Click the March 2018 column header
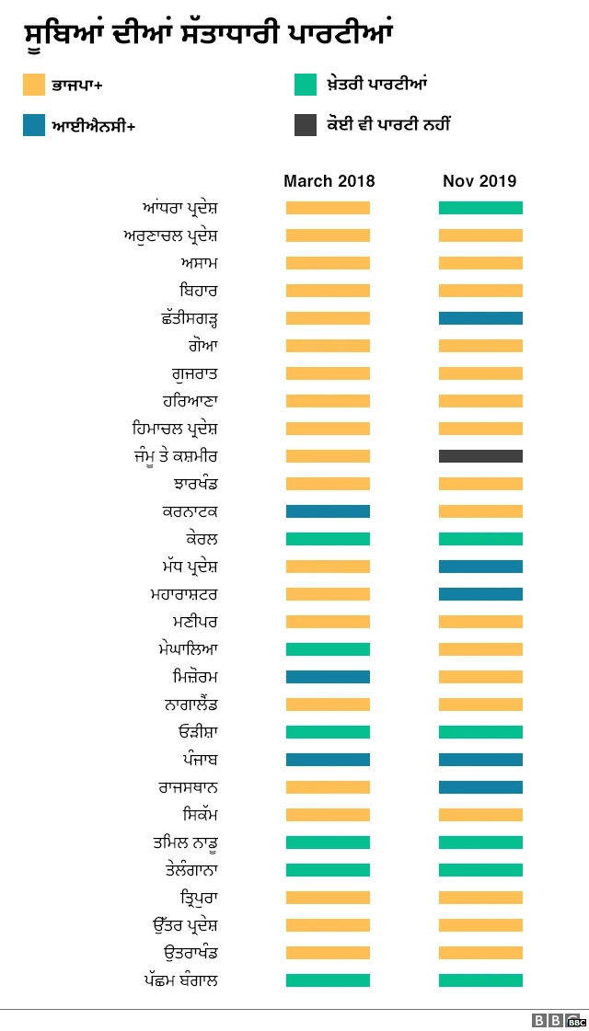[329, 181]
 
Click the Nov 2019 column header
[479, 181]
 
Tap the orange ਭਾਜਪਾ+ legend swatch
[34, 86]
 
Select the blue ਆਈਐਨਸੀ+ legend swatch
[34, 125]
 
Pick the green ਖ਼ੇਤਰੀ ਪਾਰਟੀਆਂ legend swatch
[306, 86]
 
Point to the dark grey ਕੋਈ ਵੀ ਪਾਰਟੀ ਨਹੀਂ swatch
[306, 125]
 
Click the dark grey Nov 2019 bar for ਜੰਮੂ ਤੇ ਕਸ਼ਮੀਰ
[480, 456]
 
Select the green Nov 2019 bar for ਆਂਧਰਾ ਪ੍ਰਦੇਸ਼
[480, 208]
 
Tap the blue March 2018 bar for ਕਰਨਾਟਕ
[328, 511]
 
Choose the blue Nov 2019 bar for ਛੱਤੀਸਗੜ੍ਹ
[480, 318]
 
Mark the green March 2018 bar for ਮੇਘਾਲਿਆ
[328, 649]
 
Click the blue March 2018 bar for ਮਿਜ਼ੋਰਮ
[328, 677]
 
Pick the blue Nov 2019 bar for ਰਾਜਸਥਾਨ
[480, 787]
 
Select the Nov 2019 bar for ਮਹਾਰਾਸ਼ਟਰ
[480, 594]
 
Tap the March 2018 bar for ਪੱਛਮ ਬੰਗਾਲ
[328, 980]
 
